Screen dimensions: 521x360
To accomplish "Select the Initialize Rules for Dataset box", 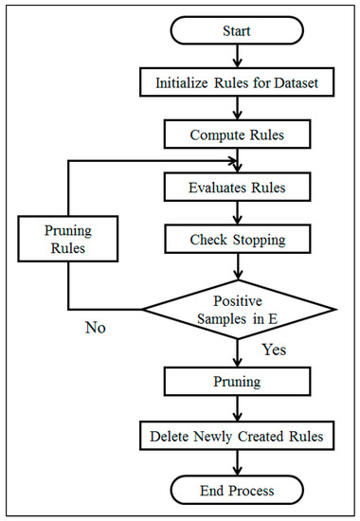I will tap(238, 82).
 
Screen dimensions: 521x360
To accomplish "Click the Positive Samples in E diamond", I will tap(238, 308).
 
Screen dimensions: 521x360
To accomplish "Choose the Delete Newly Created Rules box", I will tap(238, 437).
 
